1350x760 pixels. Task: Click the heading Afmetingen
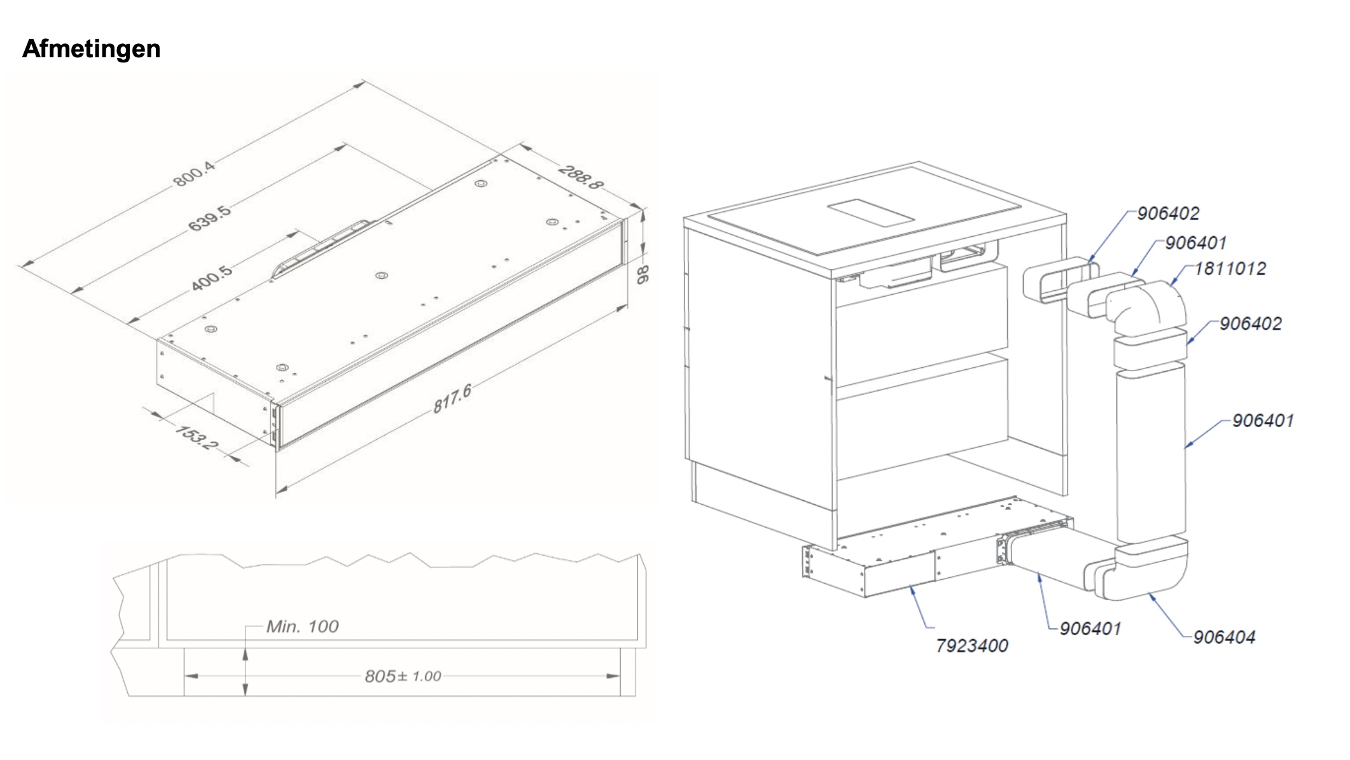point(91,49)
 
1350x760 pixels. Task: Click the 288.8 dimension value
point(580,177)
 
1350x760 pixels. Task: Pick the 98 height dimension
point(643,274)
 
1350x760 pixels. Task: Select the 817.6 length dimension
point(452,399)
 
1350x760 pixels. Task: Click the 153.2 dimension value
point(196,437)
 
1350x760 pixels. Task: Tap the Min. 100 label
point(302,627)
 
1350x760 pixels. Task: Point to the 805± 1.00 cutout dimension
point(403,676)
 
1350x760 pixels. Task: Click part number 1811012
point(1230,269)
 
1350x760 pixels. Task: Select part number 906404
point(1224,637)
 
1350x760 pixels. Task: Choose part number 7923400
point(971,646)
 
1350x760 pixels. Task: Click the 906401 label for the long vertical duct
point(1263,421)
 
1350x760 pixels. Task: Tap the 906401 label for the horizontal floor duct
point(1090,629)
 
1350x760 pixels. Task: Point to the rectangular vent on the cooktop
point(871,213)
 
